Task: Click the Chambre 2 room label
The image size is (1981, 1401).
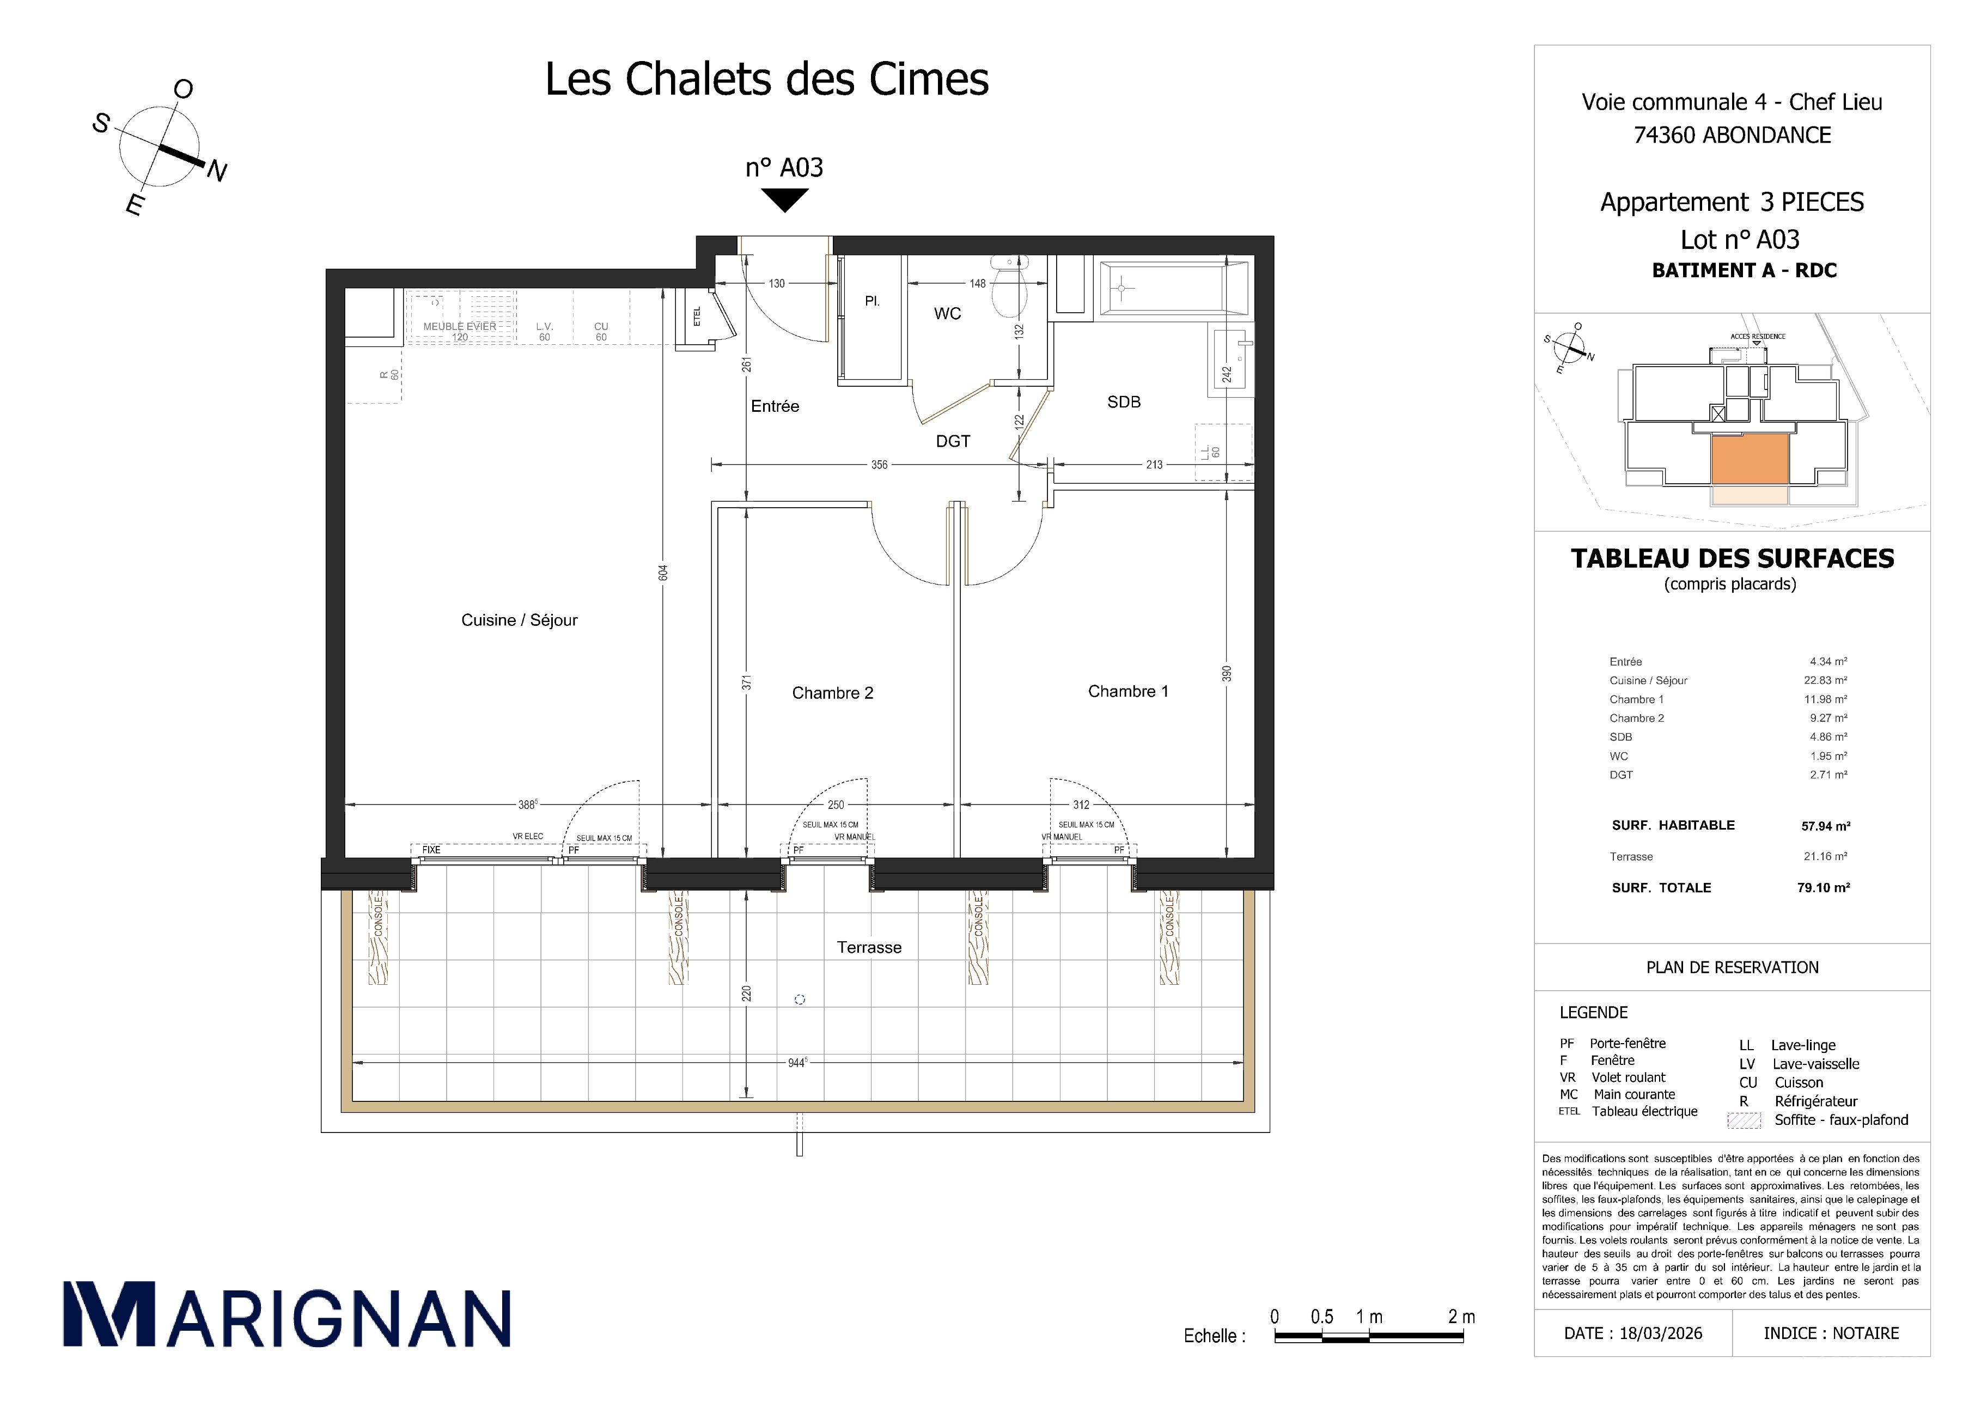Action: click(833, 693)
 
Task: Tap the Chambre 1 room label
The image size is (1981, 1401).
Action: click(1127, 691)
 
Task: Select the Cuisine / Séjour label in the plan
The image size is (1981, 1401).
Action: click(520, 620)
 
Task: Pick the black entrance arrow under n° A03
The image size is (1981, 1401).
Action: click(784, 200)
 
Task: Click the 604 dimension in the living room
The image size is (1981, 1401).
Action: click(663, 574)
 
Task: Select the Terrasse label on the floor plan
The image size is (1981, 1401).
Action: click(869, 947)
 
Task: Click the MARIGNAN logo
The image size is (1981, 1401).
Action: click(287, 1314)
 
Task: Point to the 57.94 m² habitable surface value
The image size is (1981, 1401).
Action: click(1825, 826)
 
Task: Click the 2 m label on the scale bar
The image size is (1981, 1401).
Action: click(1461, 1317)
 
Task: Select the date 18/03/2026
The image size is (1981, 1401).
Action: click(1660, 1333)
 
